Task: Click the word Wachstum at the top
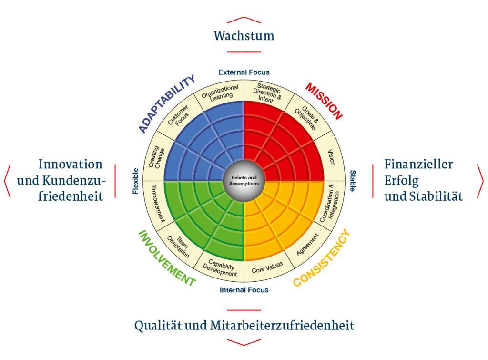point(244,35)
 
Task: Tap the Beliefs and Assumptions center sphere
point(244,181)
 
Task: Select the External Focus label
point(244,72)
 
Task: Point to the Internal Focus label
point(244,290)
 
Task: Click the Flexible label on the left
point(135,181)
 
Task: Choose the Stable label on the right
point(353,181)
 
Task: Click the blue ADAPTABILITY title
point(166,103)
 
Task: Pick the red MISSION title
point(324,101)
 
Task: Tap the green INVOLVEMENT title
point(167,258)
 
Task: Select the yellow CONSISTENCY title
point(322,257)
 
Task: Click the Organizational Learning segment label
point(220,93)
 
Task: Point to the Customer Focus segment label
point(179,116)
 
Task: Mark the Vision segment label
point(332,157)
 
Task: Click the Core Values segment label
point(267,267)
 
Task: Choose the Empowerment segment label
point(158,204)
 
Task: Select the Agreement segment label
point(307,245)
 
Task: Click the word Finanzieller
point(418,164)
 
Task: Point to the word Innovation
point(71,164)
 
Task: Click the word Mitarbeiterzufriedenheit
point(282,326)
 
